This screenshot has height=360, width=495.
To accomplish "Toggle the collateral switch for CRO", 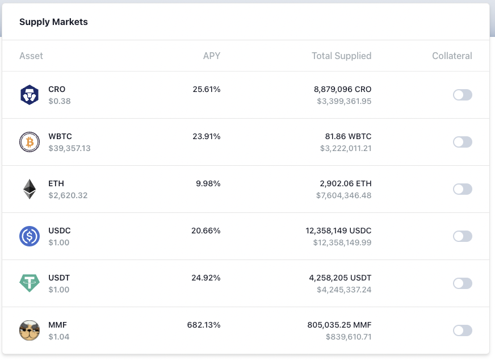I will (x=462, y=95).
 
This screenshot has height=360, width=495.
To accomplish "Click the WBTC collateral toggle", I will (x=462, y=142).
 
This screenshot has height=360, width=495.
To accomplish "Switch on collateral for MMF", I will (x=462, y=330).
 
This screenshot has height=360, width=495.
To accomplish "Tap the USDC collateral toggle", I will (x=462, y=236).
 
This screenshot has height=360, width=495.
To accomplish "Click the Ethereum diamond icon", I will (x=30, y=189).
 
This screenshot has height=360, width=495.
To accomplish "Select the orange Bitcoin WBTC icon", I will (x=30, y=142).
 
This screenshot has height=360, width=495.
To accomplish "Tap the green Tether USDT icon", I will (x=30, y=283).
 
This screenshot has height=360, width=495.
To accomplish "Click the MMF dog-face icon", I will (x=30, y=330).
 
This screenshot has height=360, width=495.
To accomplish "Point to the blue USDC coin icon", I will (x=30, y=236).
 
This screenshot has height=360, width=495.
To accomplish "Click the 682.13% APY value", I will (x=204, y=325).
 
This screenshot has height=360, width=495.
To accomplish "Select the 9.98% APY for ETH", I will (x=208, y=184).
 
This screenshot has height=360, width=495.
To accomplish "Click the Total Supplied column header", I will (x=341, y=56).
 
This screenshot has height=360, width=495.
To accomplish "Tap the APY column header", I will (x=212, y=56).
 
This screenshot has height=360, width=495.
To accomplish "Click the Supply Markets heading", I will (x=53, y=22).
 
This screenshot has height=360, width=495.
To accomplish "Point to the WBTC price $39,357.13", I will (x=69, y=148).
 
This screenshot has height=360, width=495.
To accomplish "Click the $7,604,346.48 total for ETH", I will (x=343, y=195).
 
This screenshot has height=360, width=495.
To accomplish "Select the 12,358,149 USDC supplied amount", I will (x=338, y=231).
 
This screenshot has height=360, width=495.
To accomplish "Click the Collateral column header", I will (x=452, y=56).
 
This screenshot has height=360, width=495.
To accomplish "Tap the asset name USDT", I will (x=59, y=278).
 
